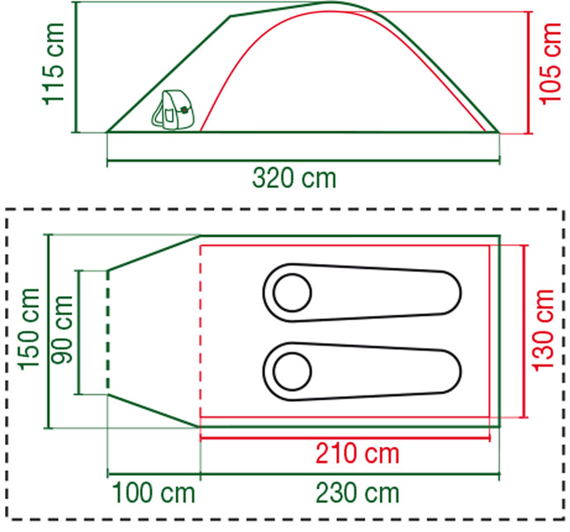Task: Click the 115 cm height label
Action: click(x=54, y=64)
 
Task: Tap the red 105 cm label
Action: click(x=550, y=64)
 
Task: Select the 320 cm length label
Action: click(x=294, y=178)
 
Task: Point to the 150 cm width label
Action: click(x=29, y=329)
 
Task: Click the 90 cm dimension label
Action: click(x=62, y=329)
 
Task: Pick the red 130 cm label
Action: click(x=543, y=330)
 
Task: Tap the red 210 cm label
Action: click(x=358, y=454)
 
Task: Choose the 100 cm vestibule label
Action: click(x=154, y=492)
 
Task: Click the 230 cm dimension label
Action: click(x=358, y=492)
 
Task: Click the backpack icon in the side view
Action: click(x=173, y=110)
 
